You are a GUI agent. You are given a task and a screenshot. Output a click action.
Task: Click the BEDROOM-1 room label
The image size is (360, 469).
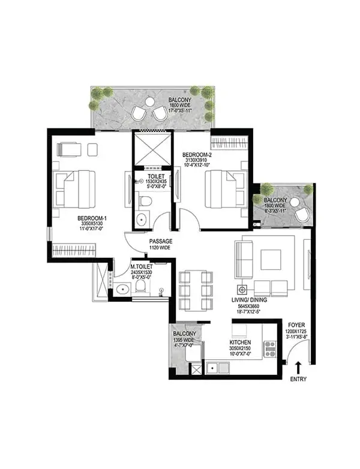point(92,218)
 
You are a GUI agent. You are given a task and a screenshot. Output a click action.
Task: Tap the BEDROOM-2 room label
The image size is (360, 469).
point(197,154)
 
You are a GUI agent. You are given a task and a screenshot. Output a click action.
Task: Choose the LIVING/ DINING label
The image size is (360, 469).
point(251,299)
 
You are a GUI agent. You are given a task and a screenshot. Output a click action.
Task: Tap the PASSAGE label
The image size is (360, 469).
point(160,241)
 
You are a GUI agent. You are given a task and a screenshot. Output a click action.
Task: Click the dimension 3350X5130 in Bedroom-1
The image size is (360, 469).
point(92,224)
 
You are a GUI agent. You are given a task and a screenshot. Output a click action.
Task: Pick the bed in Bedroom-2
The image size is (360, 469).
point(226,189)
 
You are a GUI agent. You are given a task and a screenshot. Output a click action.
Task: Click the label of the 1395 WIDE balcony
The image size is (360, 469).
point(184,334)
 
